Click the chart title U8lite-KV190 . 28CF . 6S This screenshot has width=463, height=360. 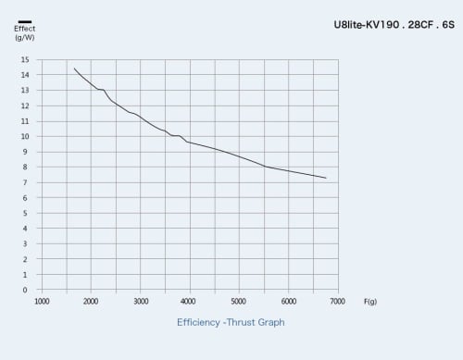(x=394, y=25)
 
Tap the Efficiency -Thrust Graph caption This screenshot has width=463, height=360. (x=231, y=322)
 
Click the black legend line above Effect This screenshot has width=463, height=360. (x=25, y=21)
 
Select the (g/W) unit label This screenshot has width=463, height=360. (x=25, y=38)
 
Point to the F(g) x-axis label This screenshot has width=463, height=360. (x=370, y=302)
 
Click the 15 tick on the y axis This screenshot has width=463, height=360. (x=25, y=59)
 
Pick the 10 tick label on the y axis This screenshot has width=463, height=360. (x=25, y=136)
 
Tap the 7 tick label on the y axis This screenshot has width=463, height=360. (x=25, y=182)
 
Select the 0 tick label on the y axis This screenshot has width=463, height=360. (x=25, y=290)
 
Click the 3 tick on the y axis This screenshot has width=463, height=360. (x=25, y=243)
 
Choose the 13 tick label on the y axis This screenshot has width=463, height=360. (x=25, y=90)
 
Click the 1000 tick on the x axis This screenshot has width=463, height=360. (x=42, y=302)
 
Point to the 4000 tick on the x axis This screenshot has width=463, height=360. (x=188, y=302)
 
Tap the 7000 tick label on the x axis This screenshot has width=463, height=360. (x=337, y=302)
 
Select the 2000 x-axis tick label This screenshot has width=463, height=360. (x=91, y=302)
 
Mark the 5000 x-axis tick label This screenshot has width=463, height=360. (x=238, y=302)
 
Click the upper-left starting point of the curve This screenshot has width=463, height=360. (x=74, y=68)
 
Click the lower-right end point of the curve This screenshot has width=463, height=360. (x=326, y=178)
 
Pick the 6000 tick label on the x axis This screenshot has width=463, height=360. (x=289, y=302)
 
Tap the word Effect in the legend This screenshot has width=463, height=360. (x=25, y=29)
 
